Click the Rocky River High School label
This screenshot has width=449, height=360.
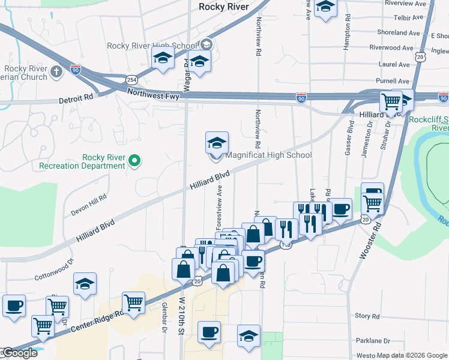coord(151,46)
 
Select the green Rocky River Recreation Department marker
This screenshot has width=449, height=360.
coord(135,160)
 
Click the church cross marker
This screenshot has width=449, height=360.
coord(57,73)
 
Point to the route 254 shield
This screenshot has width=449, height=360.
coord(131,80)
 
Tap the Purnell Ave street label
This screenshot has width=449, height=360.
coord(393,82)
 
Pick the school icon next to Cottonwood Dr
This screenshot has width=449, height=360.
coord(85,283)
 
